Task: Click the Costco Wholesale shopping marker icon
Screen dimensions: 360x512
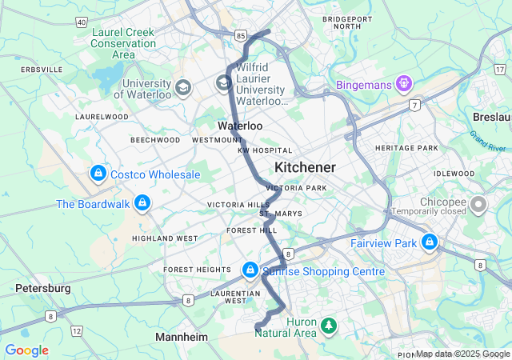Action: coord(98,174)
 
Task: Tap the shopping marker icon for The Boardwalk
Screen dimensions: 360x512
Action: coord(142,203)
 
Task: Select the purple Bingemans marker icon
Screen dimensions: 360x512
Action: coord(405,82)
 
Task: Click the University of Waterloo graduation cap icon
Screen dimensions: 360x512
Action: coord(182,86)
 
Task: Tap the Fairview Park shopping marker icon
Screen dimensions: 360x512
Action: coord(430,241)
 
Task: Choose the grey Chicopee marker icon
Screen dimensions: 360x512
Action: coord(478,206)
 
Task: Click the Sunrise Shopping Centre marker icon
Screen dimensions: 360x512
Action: coord(250,271)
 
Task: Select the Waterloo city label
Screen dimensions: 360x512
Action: coord(240,126)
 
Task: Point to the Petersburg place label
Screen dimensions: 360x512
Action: coord(42,287)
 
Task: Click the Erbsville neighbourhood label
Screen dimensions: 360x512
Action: coord(41,70)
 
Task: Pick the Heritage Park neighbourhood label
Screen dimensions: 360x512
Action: coord(406,148)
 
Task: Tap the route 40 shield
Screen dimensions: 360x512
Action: coord(82,22)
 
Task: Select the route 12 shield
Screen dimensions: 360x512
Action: coord(77,330)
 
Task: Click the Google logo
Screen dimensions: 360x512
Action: coord(27,350)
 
